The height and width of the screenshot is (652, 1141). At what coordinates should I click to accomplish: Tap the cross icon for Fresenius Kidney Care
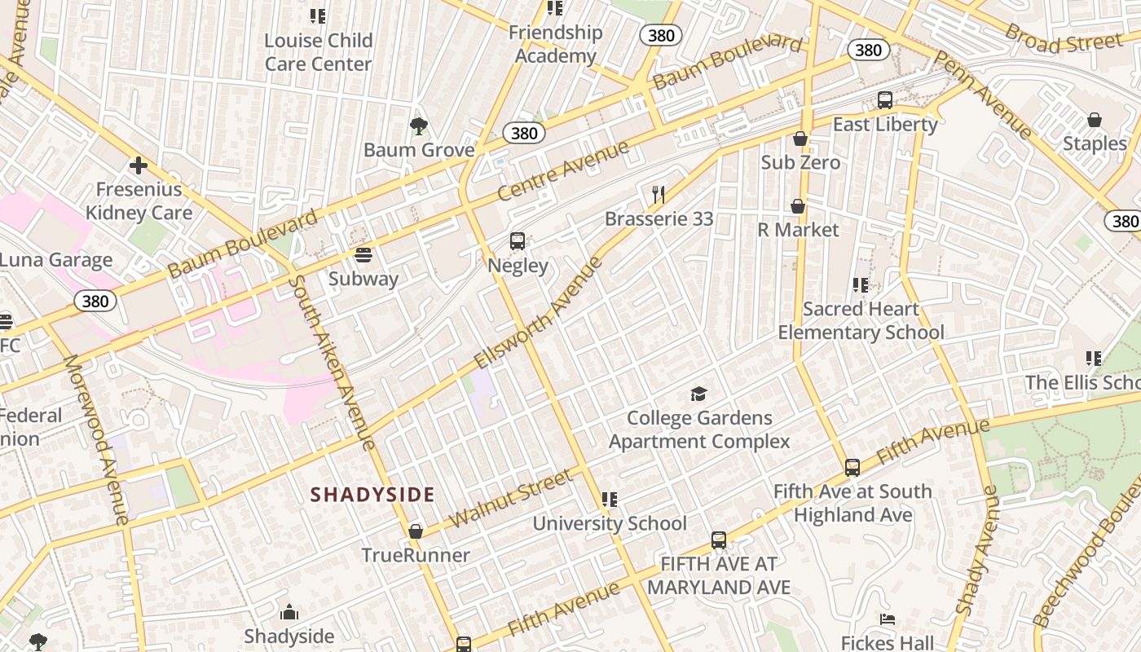coord(139,166)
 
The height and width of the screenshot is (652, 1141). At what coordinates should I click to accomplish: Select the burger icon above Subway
coord(363,255)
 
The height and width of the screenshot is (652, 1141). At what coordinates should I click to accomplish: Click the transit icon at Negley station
coord(518,241)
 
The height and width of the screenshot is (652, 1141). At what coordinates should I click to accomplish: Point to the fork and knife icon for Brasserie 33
coord(659,195)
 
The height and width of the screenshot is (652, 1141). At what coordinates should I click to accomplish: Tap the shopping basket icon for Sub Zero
coord(800,139)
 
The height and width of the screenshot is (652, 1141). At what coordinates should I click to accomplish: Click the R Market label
coord(798,230)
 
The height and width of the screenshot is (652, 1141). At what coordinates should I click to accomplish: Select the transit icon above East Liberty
coord(885,100)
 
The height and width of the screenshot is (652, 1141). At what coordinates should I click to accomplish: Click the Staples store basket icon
coord(1095,120)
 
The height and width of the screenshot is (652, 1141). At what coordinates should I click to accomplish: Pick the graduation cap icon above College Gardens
coord(699,394)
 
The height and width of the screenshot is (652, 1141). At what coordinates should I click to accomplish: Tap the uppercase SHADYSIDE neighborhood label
coord(372,495)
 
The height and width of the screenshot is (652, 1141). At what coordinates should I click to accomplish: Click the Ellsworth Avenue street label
coord(539,312)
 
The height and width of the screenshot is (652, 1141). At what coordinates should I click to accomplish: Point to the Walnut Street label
coord(511,498)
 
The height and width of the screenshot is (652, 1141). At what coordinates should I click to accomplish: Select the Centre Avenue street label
coord(563,171)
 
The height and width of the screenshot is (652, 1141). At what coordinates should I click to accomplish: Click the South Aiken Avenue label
coord(333,363)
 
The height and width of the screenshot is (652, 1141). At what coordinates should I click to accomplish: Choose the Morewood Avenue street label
coord(96,438)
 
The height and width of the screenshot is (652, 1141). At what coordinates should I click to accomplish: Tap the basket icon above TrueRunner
coord(416,531)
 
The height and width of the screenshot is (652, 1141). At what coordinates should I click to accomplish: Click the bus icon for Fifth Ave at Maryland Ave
coord(719,540)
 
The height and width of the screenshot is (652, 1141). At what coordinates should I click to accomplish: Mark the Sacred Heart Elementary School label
coord(861,320)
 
